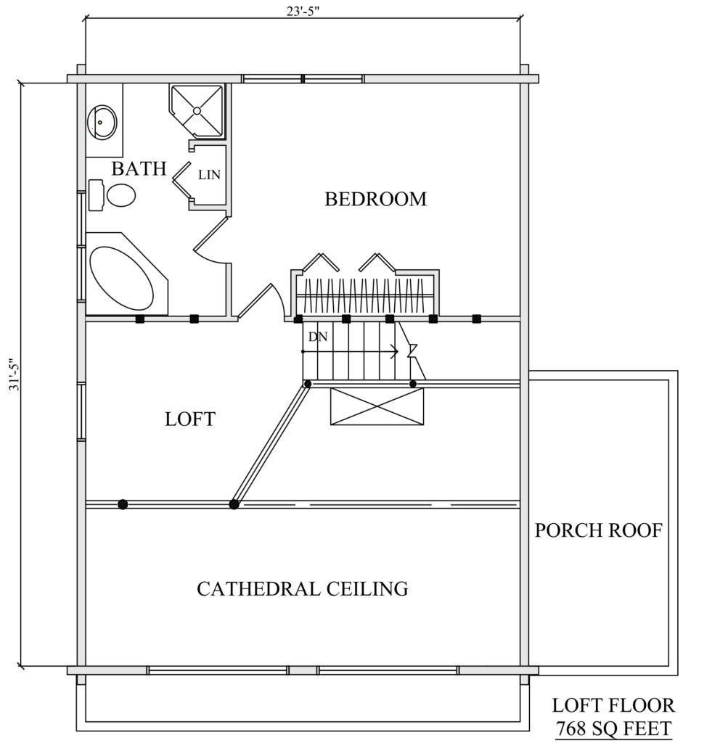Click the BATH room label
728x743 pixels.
click(139, 168)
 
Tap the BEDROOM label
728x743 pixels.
click(375, 199)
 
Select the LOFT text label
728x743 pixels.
click(190, 419)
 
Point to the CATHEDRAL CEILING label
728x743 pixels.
click(303, 589)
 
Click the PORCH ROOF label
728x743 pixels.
click(598, 530)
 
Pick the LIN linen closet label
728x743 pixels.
click(209, 175)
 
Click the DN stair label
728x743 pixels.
click(318, 337)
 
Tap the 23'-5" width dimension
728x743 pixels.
click(303, 12)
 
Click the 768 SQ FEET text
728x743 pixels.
click(613, 728)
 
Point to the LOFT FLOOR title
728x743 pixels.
click(613, 705)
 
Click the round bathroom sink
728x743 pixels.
click(102, 122)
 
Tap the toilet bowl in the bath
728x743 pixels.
click(121, 195)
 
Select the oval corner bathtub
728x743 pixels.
click(122, 278)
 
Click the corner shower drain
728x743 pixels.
click(197, 111)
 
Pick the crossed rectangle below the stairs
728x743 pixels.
click(377, 406)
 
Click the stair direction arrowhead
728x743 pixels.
click(394, 352)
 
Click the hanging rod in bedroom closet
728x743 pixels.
click(365, 296)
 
